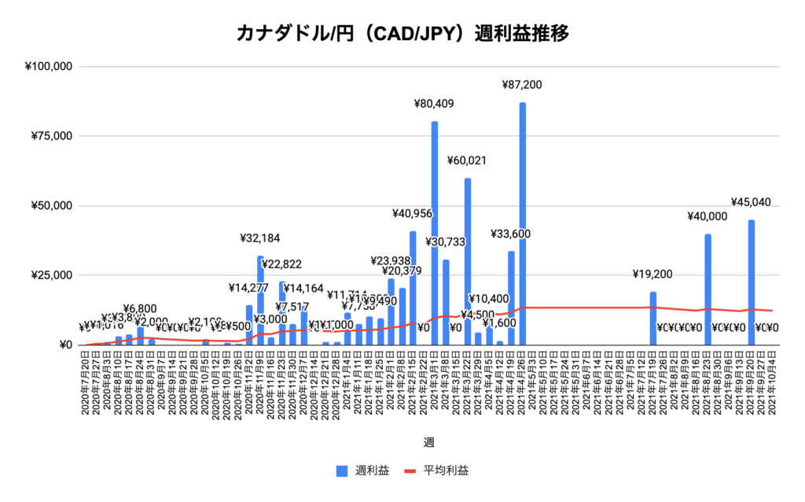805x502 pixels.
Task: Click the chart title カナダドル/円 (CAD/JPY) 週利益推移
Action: [x=402, y=34]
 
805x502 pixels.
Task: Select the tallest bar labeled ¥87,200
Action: [x=522, y=220]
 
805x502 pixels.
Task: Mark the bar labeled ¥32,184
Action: [x=260, y=300]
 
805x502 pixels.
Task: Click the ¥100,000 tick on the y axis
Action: [x=49, y=66]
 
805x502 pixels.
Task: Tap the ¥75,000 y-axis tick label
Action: [x=52, y=136]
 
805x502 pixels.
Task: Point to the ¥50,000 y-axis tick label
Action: [x=52, y=206]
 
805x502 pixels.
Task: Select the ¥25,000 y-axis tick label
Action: [x=52, y=275]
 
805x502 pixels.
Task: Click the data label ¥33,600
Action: [x=512, y=234]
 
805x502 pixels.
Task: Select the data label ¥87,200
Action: [x=522, y=84]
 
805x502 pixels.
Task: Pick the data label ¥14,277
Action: [x=249, y=288]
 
